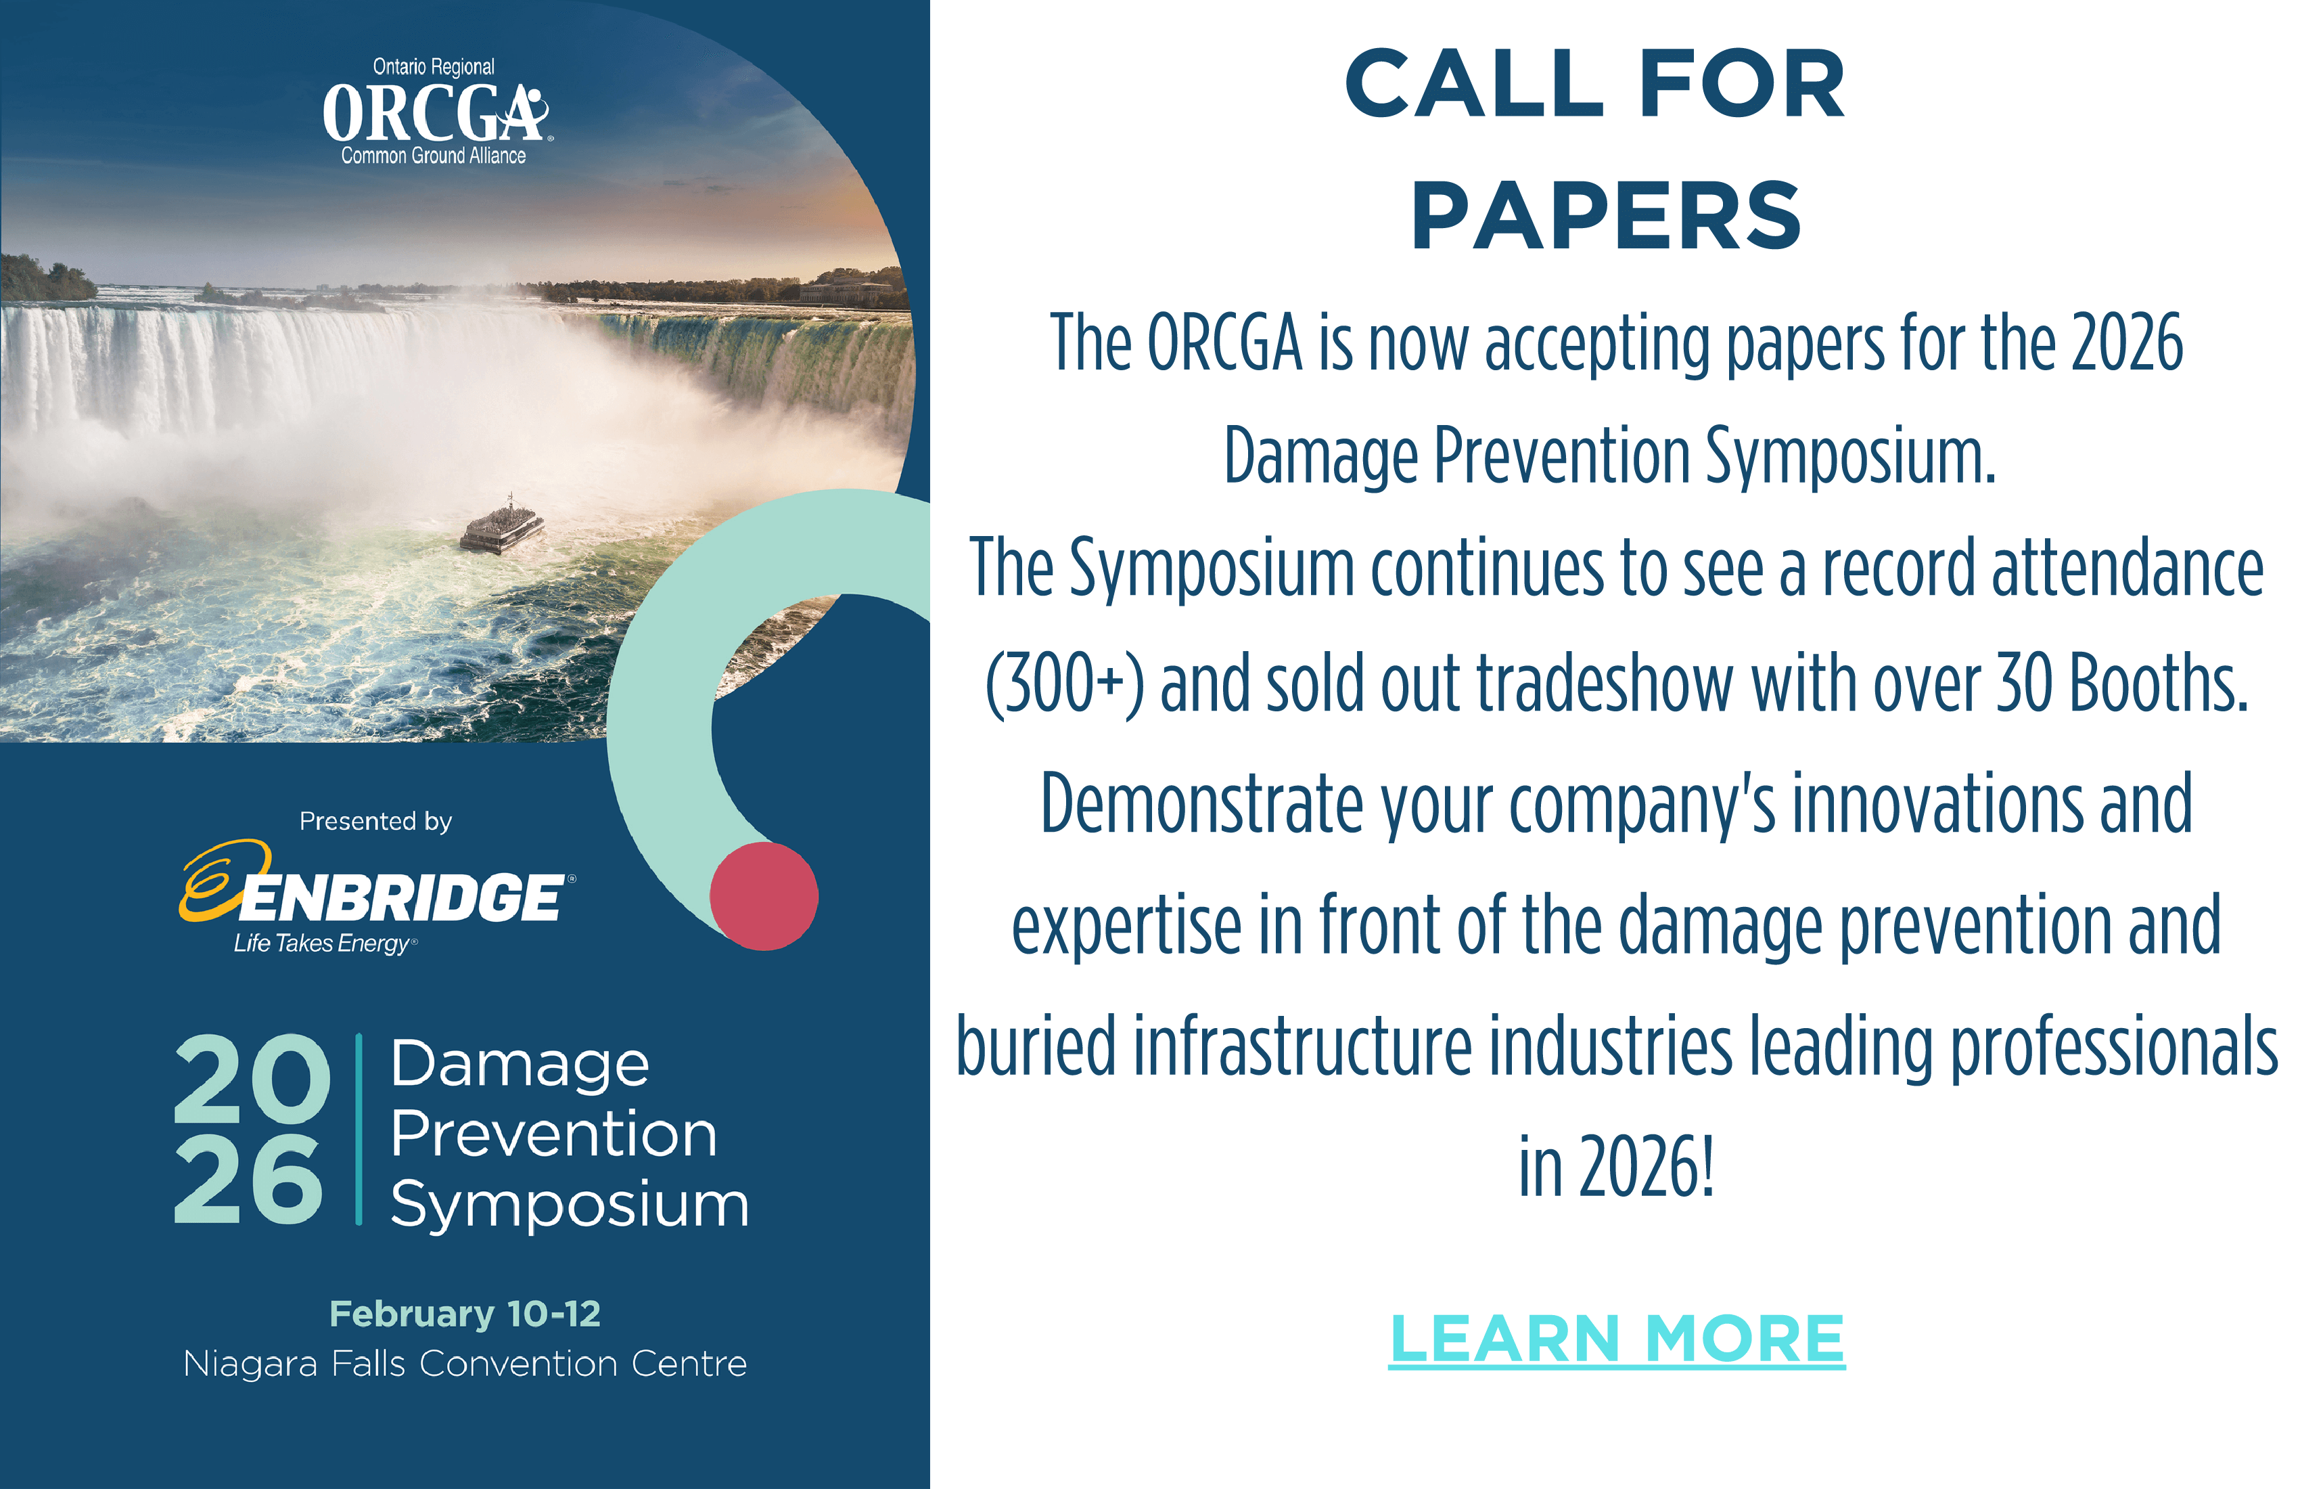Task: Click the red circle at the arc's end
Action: pyautogui.click(x=764, y=896)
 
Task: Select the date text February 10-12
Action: pyautogui.click(x=465, y=1314)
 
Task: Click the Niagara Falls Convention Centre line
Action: pyautogui.click(x=465, y=1364)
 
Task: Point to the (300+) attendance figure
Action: pyautogui.click(x=1064, y=684)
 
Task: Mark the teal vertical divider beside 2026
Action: pyautogui.click(x=359, y=1130)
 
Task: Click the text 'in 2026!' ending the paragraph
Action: pyautogui.click(x=1616, y=1166)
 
